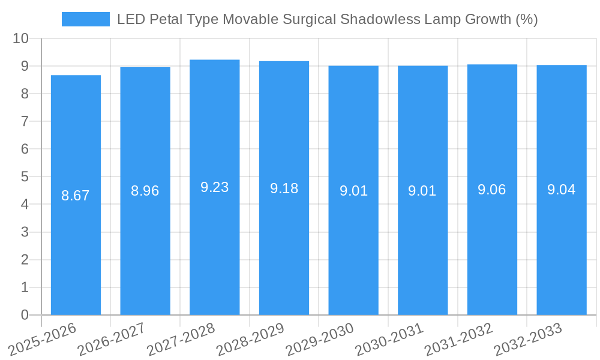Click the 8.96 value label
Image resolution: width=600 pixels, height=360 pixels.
(x=145, y=191)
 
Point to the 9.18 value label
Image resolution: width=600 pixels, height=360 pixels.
(x=284, y=188)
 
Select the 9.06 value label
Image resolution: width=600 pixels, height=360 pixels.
(x=492, y=190)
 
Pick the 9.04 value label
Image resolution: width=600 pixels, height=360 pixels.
(x=561, y=190)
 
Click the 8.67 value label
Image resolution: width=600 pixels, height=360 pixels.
(x=76, y=195)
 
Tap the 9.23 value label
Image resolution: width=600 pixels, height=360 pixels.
(x=215, y=187)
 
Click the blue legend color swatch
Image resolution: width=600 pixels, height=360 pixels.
(x=86, y=19)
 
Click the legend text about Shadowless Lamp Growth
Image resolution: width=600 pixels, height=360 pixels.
(x=327, y=19)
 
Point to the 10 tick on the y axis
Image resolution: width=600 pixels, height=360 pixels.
(x=21, y=38)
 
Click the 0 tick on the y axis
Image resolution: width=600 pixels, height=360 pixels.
(x=25, y=315)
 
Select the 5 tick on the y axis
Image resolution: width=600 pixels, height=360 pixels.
(x=25, y=177)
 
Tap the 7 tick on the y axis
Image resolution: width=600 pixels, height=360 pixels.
(x=25, y=121)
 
